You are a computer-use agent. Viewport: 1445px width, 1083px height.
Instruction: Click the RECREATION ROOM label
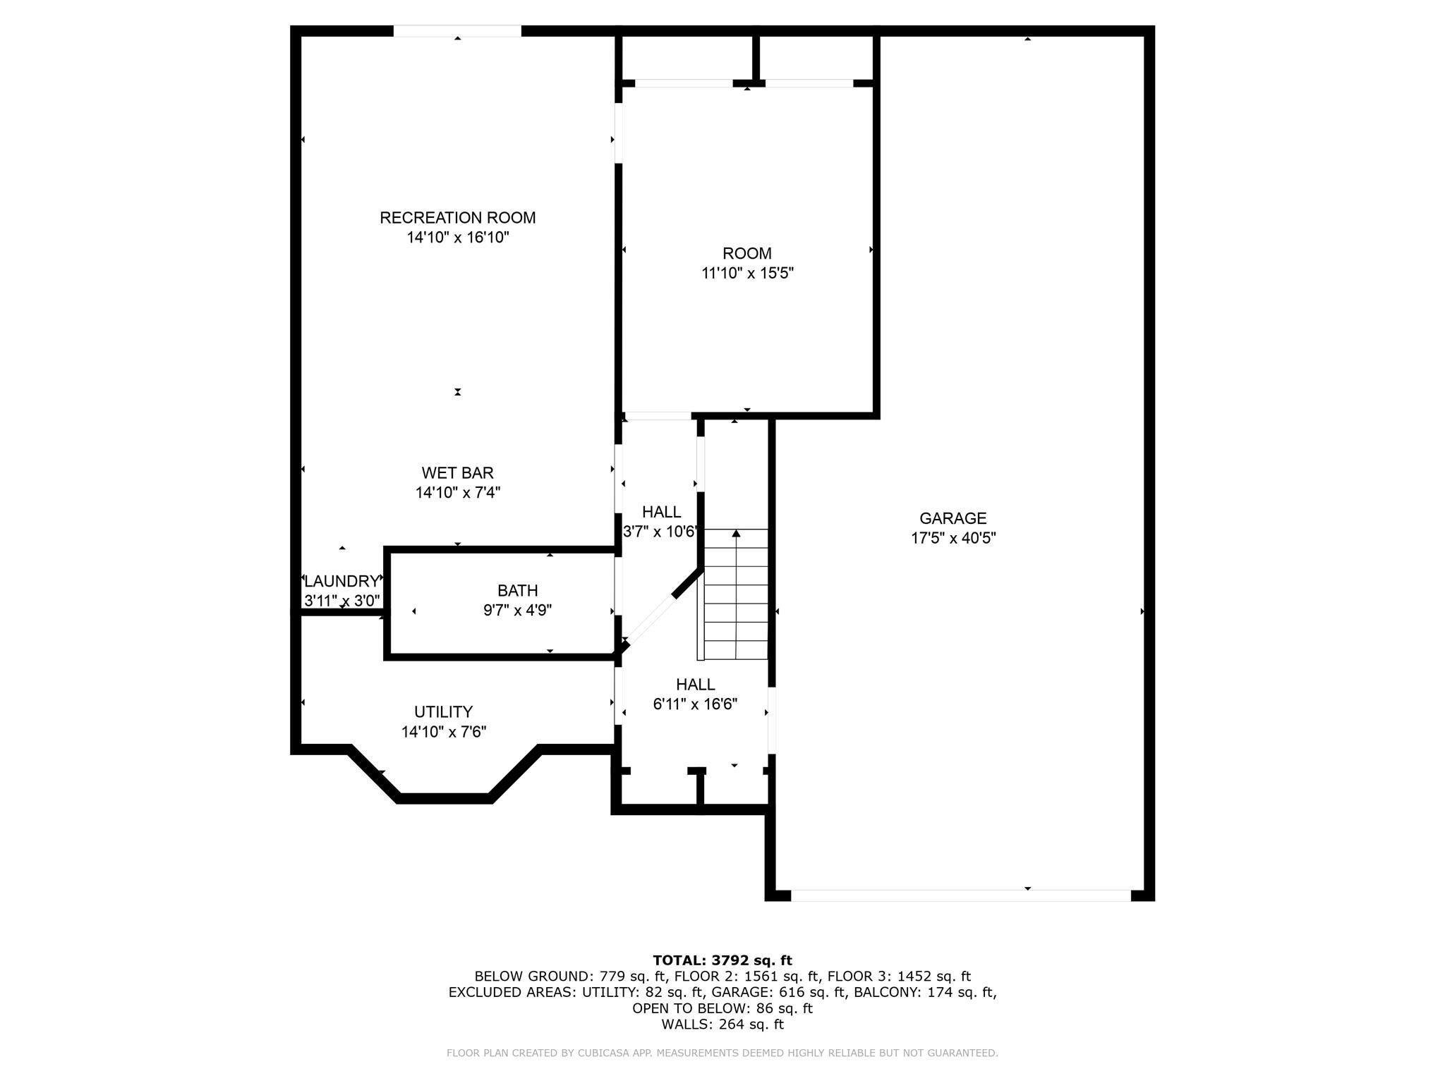click(x=457, y=218)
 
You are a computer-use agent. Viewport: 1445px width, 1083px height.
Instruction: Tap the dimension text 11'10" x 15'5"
click(x=747, y=273)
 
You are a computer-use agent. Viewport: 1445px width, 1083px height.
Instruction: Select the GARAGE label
click(x=953, y=518)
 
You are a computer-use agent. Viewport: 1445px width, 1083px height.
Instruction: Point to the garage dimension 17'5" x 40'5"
click(x=953, y=538)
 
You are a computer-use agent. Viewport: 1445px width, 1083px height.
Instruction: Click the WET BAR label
click(x=457, y=473)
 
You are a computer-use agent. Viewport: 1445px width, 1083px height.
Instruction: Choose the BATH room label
click(x=517, y=591)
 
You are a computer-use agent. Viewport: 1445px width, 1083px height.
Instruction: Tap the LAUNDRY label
click(x=341, y=582)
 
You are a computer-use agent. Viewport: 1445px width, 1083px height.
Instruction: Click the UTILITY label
click(x=443, y=712)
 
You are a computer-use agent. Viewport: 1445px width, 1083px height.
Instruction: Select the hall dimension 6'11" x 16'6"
click(x=695, y=704)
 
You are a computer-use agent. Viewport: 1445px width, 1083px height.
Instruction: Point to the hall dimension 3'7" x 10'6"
click(x=659, y=532)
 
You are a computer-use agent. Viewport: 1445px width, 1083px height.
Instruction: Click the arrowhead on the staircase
click(x=736, y=534)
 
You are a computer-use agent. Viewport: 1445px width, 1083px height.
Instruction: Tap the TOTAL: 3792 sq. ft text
click(x=722, y=960)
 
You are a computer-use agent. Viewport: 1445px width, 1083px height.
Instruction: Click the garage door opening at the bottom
click(x=960, y=895)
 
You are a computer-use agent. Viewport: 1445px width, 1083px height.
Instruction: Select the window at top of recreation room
click(x=457, y=31)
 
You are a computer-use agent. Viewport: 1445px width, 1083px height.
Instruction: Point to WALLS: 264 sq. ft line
click(x=722, y=1024)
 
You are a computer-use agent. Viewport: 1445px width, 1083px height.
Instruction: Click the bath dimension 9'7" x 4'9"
click(x=517, y=611)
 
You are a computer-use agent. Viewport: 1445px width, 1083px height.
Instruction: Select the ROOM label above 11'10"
click(x=747, y=253)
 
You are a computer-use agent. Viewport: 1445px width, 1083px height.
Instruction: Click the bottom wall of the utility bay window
click(x=444, y=798)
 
